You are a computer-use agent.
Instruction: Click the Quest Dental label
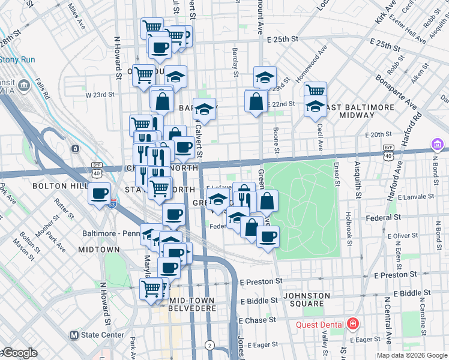click(x=320, y=325)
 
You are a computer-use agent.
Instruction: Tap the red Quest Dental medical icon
click(x=352, y=325)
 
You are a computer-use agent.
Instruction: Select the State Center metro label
click(x=100, y=335)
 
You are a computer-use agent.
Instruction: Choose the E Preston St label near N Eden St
click(x=395, y=275)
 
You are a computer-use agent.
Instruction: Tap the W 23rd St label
click(x=100, y=95)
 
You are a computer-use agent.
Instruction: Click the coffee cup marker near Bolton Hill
click(x=100, y=194)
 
